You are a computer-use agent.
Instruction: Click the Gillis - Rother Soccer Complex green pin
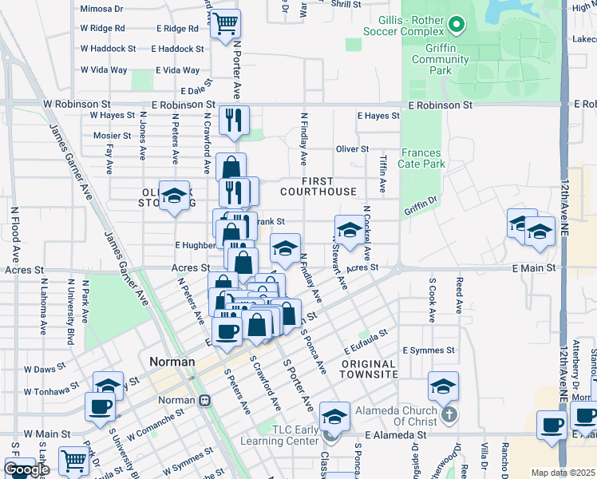coord(456,26)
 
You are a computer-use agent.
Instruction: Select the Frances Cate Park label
coord(423,158)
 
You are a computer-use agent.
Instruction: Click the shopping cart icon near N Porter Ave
coord(225,22)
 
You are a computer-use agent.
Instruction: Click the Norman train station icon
coord(205,400)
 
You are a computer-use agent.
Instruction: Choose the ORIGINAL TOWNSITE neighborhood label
coord(369,369)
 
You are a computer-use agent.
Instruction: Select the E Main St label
coord(533,267)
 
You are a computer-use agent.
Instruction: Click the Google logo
coord(26,469)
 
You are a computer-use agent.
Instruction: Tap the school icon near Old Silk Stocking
coord(174,196)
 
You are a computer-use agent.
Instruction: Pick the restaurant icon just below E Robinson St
coord(234,121)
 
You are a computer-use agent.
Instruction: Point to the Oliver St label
coord(352,149)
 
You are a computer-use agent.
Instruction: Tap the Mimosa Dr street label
coord(101,10)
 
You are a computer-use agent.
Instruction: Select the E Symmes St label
coord(429,350)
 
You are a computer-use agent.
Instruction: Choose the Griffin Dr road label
coord(422,208)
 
